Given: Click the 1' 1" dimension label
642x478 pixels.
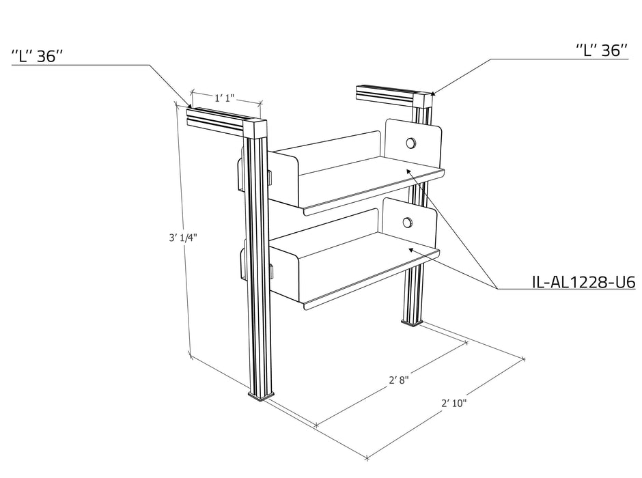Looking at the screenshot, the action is point(224,98).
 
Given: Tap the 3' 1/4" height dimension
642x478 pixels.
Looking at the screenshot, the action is point(183,238).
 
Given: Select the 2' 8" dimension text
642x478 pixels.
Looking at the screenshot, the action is point(398,380).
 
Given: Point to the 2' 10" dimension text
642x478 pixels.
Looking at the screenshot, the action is point(453,403).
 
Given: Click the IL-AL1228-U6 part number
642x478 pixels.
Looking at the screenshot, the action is point(583,282).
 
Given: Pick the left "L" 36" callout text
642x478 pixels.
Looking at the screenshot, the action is point(37,56).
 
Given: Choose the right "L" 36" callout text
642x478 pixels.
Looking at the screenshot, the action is point(602,50).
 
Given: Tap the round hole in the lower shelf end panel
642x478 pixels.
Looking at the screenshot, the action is point(407,223).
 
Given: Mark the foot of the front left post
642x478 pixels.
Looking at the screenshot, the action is point(261,395).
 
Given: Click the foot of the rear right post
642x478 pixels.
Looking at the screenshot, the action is point(411,323).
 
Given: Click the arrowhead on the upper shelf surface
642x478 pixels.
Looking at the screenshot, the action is point(408,171).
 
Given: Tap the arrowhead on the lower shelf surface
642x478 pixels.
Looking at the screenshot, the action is point(411,249).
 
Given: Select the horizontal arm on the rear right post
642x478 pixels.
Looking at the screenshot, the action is point(386,95).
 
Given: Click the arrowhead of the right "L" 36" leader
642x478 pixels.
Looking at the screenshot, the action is point(434,93).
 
